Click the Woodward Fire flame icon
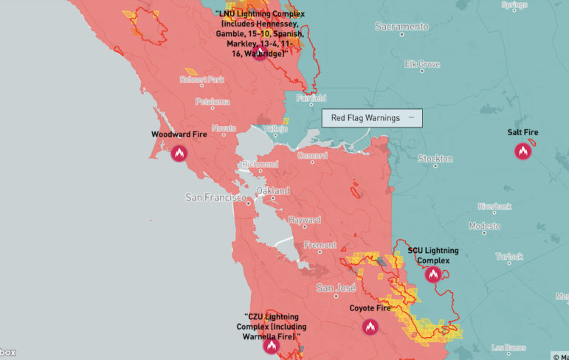(179, 153)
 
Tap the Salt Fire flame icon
(523, 151)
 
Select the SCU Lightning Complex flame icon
(432, 274)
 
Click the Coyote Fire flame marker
(370, 327)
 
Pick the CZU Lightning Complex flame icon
(272, 345)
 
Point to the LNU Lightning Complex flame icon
(259, 53)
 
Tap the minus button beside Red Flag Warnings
(412, 118)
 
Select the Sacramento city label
(401, 27)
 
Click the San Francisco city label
(215, 198)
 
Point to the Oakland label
(272, 191)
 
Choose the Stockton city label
(435, 159)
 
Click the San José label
(336, 288)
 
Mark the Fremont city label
(320, 245)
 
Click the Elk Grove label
(422, 64)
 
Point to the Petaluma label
(212, 102)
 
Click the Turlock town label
(508, 257)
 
